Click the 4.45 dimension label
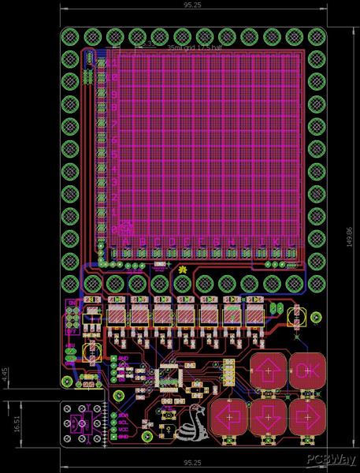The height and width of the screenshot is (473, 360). tap(6, 374)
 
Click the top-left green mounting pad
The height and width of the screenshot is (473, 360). tap(70, 36)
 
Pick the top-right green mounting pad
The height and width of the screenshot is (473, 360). tap(316, 36)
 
